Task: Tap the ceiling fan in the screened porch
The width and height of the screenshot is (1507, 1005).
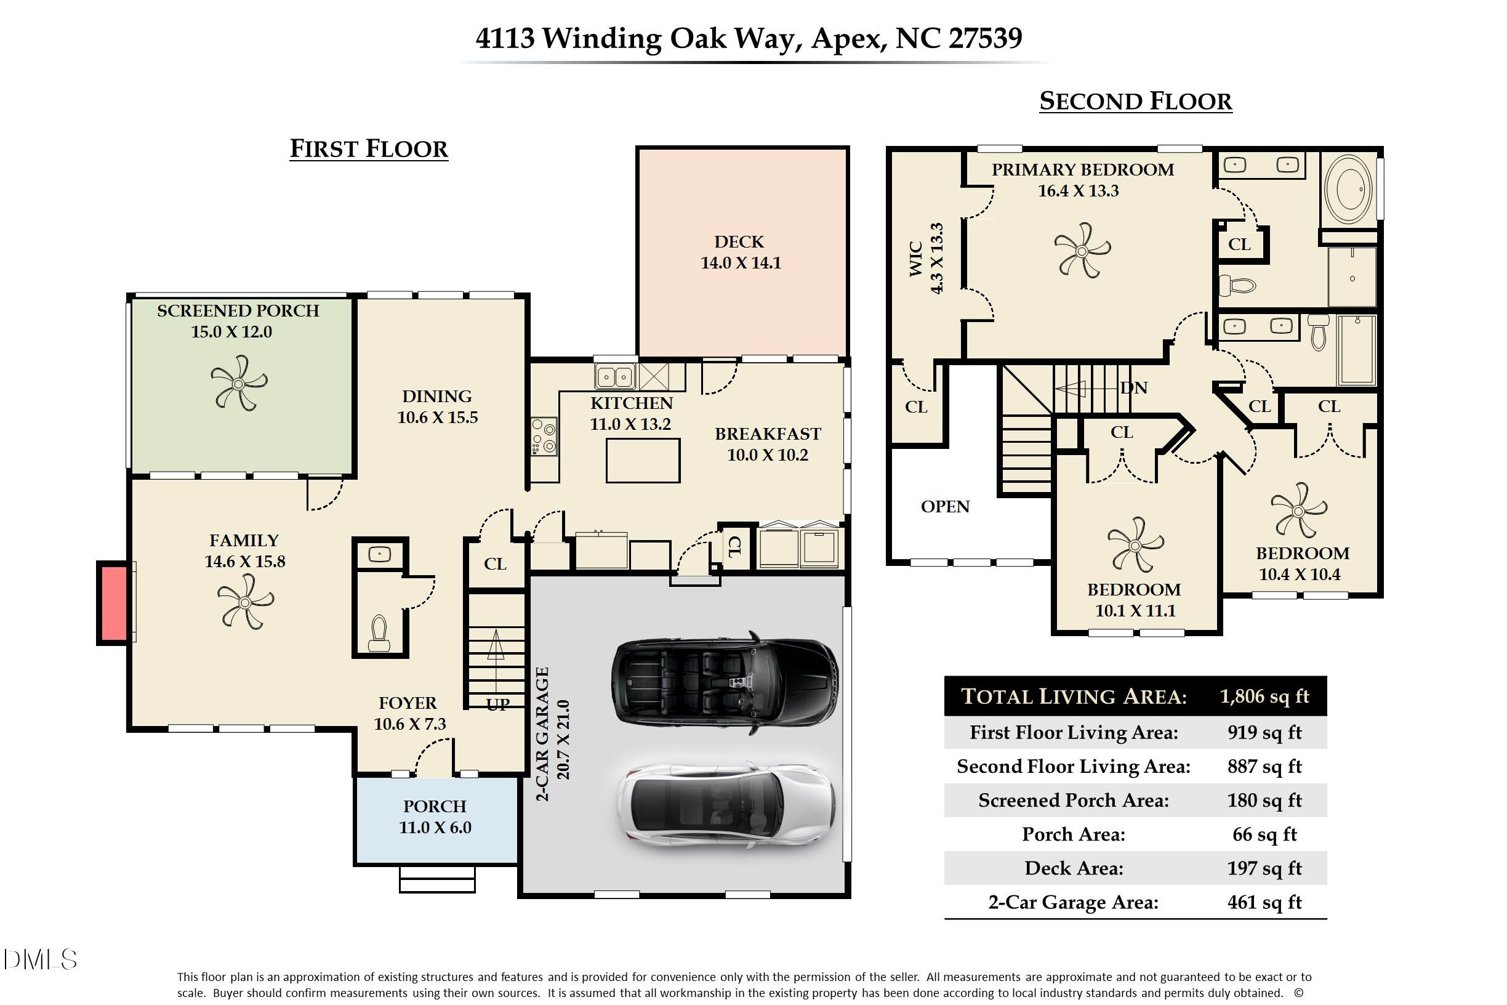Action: point(238,383)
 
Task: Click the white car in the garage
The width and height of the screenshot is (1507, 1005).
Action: point(726,805)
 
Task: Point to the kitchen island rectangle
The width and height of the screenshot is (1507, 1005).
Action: point(643,460)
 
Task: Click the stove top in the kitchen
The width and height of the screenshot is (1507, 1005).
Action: point(544,437)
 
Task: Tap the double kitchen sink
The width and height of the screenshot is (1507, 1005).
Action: point(615,377)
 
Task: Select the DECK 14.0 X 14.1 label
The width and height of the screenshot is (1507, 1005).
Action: point(740,252)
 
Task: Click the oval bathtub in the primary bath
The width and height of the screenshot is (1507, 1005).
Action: point(1348,189)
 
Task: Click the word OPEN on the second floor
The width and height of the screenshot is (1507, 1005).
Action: point(944,506)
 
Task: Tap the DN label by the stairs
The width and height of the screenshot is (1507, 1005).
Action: point(1133,388)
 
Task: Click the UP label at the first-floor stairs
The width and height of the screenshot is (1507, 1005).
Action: point(498,704)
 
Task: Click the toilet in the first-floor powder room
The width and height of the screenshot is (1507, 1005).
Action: point(379,632)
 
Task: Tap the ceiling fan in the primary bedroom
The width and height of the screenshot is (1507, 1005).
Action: point(1082,251)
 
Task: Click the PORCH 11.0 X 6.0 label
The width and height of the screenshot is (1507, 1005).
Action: point(435,817)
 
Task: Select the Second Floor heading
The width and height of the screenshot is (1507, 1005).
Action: point(1135,101)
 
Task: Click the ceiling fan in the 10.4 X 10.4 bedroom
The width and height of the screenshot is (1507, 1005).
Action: point(1298,511)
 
